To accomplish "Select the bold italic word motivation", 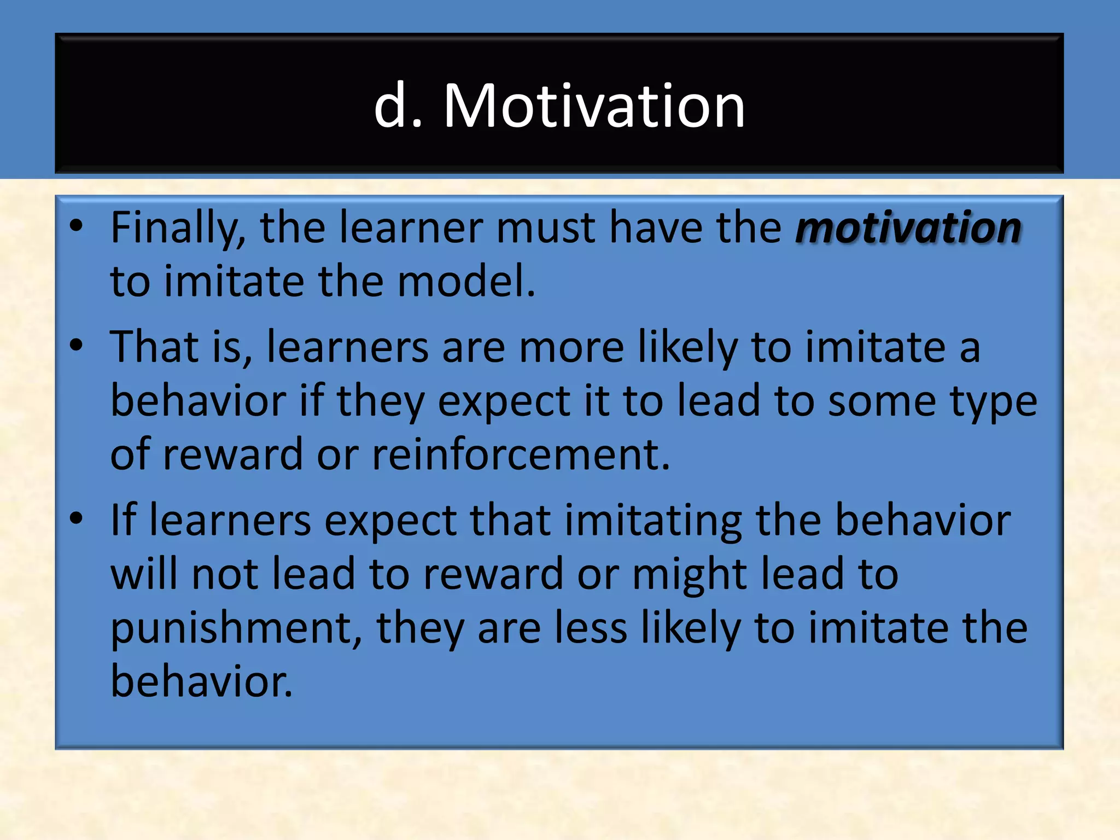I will (908, 227).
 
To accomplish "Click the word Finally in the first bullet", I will (178, 227).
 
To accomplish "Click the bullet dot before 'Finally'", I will (77, 226).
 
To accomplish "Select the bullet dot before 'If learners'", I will (77, 518).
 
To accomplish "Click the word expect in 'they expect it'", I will (504, 401).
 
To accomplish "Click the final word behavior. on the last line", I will (201, 681).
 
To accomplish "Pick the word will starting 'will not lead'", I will (145, 574).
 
